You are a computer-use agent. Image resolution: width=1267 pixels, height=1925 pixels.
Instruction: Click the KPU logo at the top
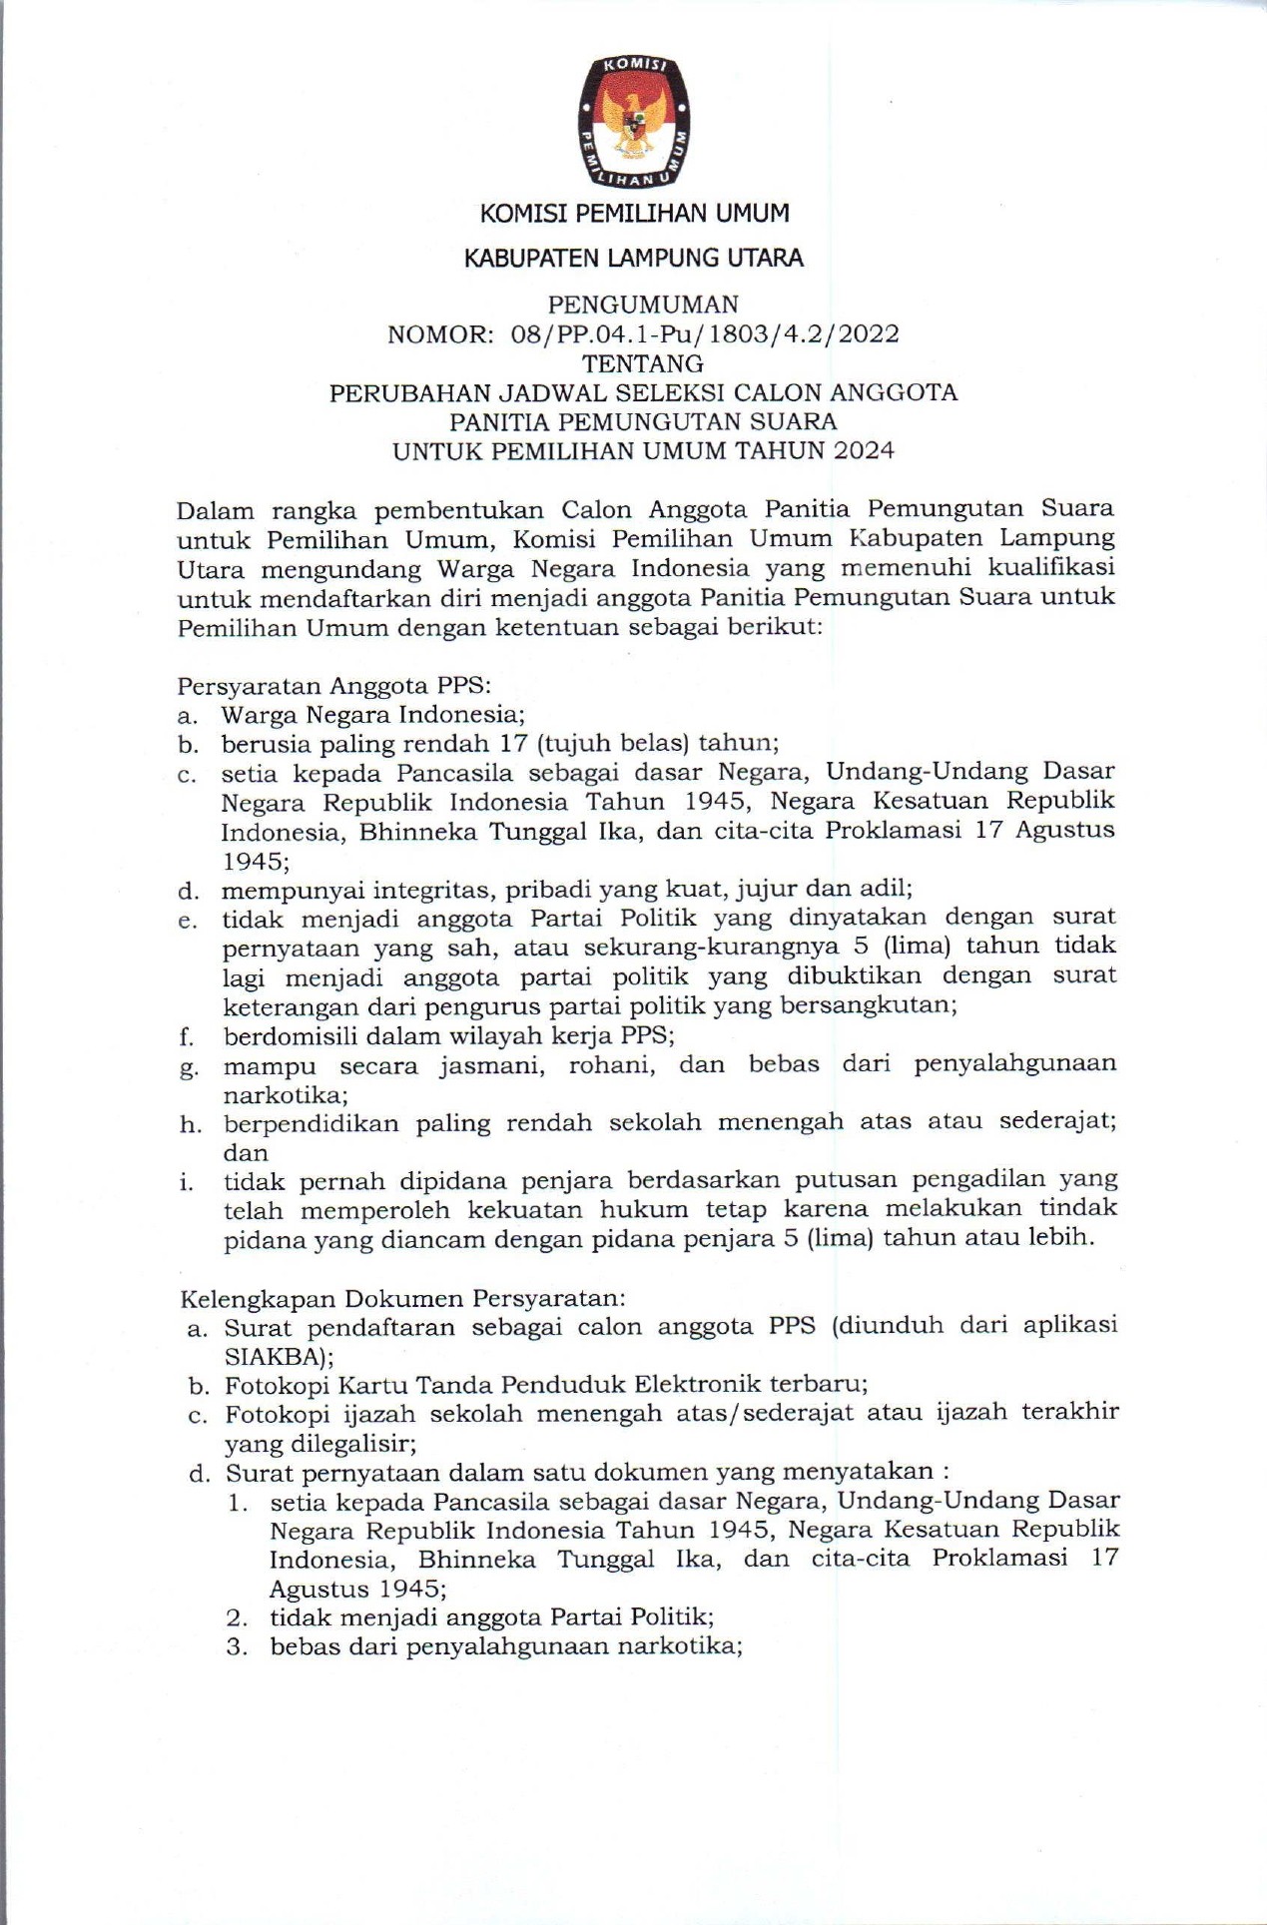pyautogui.click(x=634, y=122)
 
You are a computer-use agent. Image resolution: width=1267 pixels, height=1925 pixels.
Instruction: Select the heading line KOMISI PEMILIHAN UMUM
pyautogui.click(x=634, y=213)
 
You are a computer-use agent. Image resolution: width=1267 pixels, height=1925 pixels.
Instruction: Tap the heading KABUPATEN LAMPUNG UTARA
pyautogui.click(x=633, y=258)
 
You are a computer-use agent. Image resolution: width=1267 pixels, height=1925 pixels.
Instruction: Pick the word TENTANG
pyautogui.click(x=643, y=362)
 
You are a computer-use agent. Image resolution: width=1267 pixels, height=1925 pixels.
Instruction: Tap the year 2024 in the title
pyautogui.click(x=865, y=450)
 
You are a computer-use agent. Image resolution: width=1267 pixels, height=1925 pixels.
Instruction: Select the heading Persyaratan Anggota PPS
pyautogui.click(x=333, y=686)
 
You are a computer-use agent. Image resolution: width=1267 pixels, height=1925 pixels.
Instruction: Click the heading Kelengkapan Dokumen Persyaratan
pyautogui.click(x=402, y=1299)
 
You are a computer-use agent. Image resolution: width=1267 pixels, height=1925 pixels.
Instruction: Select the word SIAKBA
pyautogui.click(x=272, y=1357)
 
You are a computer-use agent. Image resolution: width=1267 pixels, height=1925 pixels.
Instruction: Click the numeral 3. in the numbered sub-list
pyautogui.click(x=237, y=1646)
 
